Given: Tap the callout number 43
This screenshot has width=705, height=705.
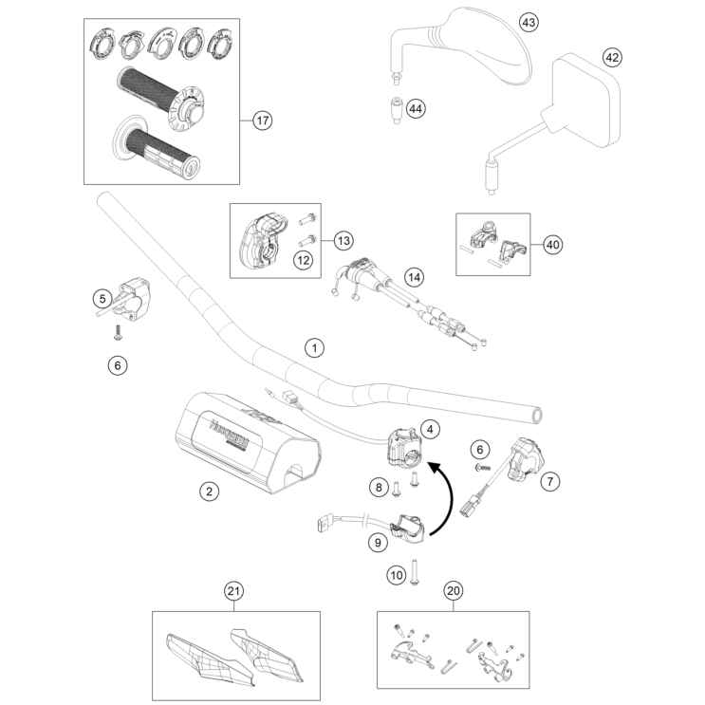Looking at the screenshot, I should click(529, 21).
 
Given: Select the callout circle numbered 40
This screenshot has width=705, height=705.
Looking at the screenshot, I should click(552, 244).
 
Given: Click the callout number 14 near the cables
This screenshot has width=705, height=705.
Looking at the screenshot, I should click(413, 277).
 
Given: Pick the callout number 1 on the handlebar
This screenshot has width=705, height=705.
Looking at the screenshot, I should click(313, 349).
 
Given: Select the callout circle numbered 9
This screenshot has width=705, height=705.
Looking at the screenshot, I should click(377, 543).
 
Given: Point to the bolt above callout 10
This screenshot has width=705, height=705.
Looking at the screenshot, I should click(416, 573).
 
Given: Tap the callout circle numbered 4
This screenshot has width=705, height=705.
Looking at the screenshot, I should click(431, 430).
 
